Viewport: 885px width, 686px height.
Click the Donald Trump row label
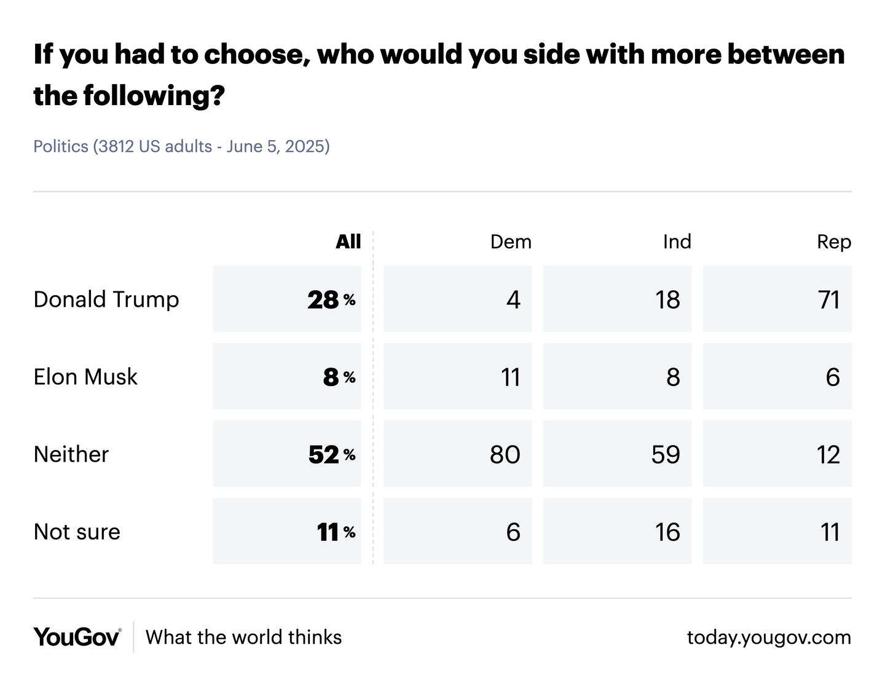coord(106,299)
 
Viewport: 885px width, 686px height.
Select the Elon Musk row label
coord(85,377)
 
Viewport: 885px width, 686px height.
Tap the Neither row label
coord(71,454)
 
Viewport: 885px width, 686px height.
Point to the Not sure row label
coord(77,532)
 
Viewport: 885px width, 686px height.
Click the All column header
coord(348,242)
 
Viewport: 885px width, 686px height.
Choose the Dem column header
coord(510,242)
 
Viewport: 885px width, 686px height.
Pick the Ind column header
coord(677,242)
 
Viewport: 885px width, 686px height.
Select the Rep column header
coord(833,242)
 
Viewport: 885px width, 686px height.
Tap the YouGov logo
coord(77,637)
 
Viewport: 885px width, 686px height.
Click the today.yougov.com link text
coord(769,637)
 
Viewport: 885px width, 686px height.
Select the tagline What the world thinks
coord(243,637)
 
